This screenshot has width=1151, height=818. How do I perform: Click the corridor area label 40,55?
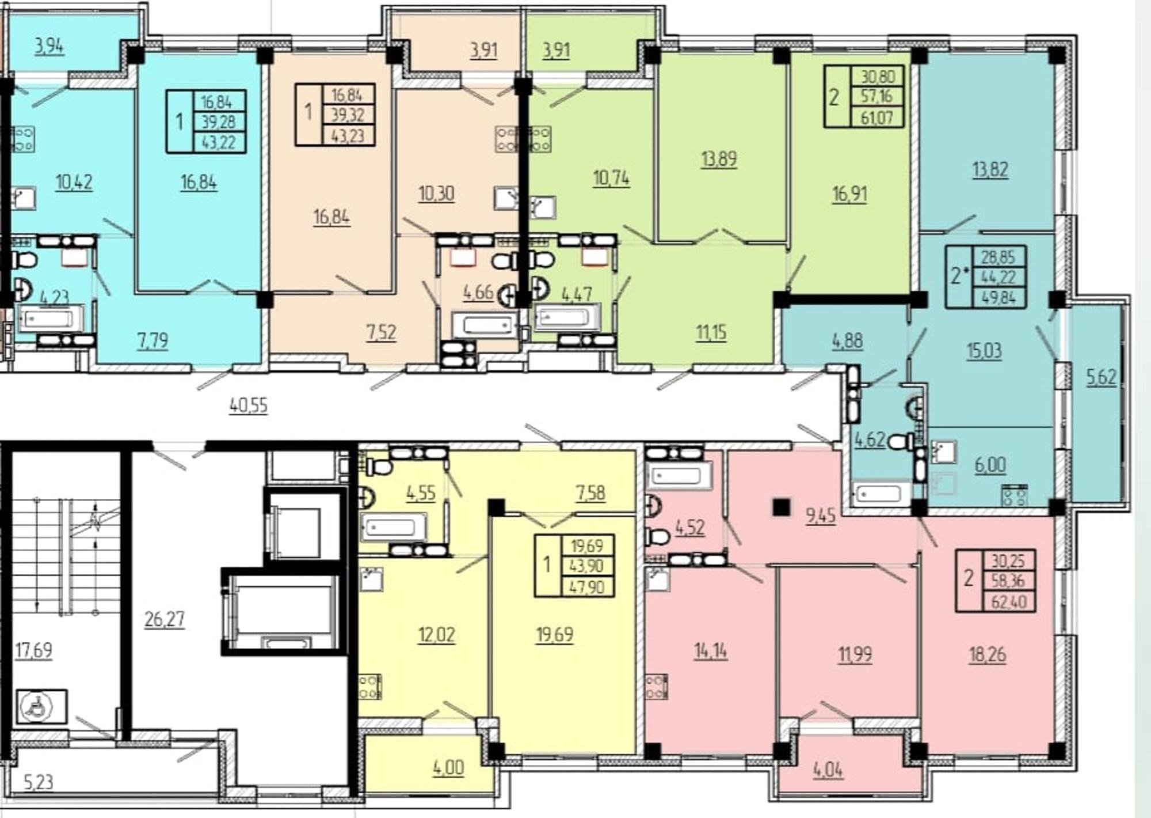(x=249, y=405)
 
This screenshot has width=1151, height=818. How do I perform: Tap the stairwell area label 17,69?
(x=33, y=650)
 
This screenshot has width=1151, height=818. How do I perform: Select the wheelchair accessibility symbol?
(x=41, y=706)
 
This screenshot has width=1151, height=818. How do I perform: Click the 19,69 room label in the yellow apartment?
(x=554, y=634)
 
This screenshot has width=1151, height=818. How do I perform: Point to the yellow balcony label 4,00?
(x=448, y=768)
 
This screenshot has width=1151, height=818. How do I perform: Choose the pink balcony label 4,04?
(x=828, y=770)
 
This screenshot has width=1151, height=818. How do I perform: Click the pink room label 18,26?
(x=987, y=654)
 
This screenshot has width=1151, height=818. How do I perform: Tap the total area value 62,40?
(x=1008, y=601)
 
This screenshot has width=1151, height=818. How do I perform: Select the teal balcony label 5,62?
(x=1100, y=377)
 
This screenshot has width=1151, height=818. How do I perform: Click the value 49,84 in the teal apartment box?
(x=999, y=297)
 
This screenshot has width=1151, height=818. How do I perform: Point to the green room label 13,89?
(x=719, y=159)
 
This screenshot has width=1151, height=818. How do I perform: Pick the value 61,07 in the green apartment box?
(x=876, y=118)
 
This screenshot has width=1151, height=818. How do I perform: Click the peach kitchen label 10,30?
(x=436, y=194)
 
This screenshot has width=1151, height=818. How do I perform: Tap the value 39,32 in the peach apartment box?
(x=347, y=115)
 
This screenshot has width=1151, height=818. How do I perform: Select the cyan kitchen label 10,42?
(x=74, y=182)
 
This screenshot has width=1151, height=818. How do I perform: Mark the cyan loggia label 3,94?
(x=49, y=46)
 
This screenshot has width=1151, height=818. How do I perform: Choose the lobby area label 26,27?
(x=165, y=619)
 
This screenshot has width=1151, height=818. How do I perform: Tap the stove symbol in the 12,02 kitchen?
(x=370, y=687)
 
